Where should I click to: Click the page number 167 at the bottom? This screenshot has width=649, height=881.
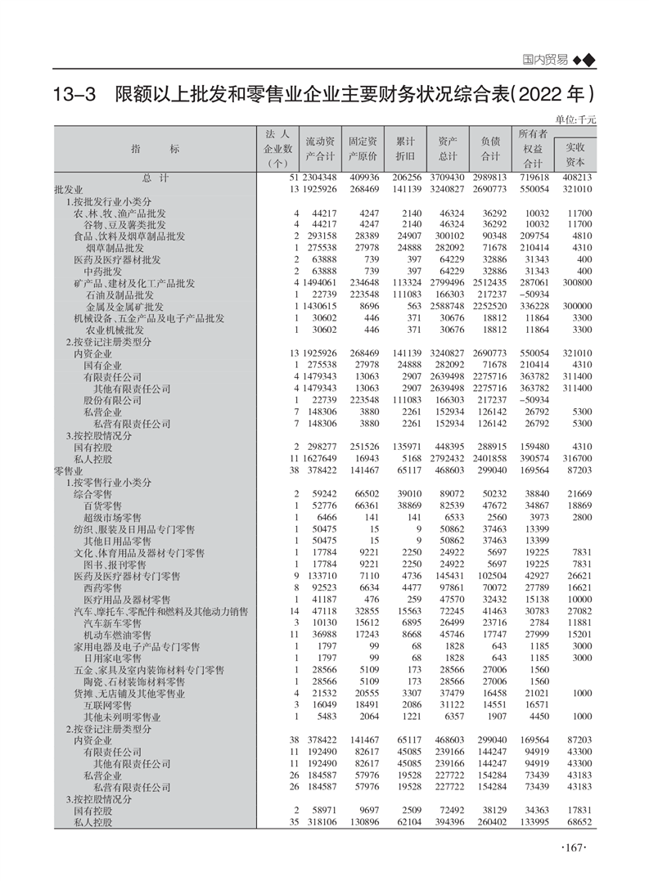click(x=575, y=847)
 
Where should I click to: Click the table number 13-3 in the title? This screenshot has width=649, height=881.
click(x=74, y=95)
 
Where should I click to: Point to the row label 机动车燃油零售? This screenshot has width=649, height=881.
click(x=117, y=635)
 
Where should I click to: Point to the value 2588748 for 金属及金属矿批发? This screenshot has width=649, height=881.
click(x=453, y=306)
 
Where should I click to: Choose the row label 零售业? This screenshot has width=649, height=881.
click(x=67, y=472)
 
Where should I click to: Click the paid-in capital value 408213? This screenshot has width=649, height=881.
click(x=577, y=178)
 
